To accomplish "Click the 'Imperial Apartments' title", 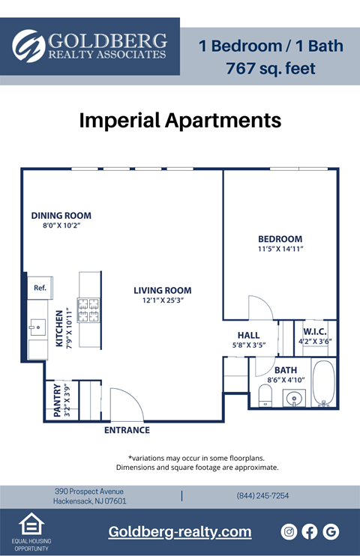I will click(x=180, y=120).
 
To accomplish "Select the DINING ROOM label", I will click(x=61, y=215).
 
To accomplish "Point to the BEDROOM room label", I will click(x=280, y=239).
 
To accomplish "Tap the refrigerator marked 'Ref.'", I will click(x=39, y=287).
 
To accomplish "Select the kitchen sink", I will click(x=37, y=327).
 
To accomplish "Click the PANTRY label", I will click(x=57, y=400).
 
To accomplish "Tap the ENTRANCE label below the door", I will click(x=126, y=430).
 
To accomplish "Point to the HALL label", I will click(x=248, y=335).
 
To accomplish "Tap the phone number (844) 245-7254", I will click(x=262, y=496).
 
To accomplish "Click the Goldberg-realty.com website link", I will click(x=180, y=532).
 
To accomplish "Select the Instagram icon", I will click(x=289, y=532).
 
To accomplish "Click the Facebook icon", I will click(x=310, y=532).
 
